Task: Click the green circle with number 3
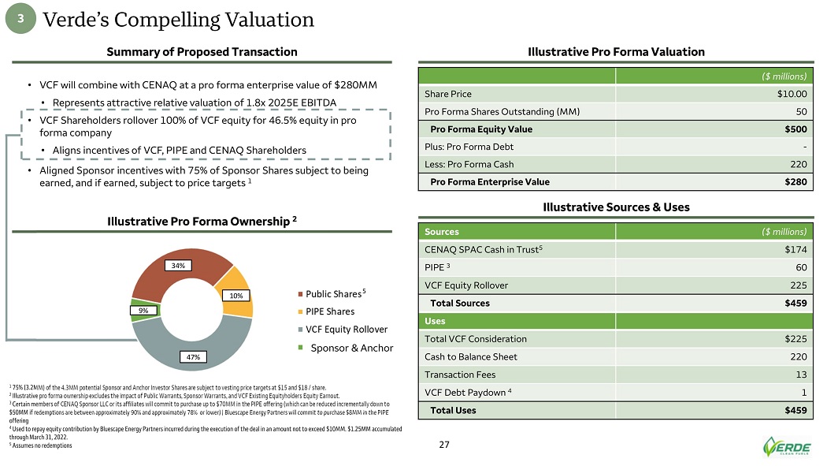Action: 23,21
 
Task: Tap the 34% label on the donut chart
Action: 180,266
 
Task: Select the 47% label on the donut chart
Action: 193,357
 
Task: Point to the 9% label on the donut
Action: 143,311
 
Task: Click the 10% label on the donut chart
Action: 236,296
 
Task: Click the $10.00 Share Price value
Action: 792,94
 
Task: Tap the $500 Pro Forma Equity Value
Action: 795,129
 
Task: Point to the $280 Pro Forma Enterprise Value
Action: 795,182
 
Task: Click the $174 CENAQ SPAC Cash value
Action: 794,250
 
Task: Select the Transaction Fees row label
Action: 463,375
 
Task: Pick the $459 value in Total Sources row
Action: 794,303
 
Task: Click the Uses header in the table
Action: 436,321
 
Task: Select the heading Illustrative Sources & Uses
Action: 617,207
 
